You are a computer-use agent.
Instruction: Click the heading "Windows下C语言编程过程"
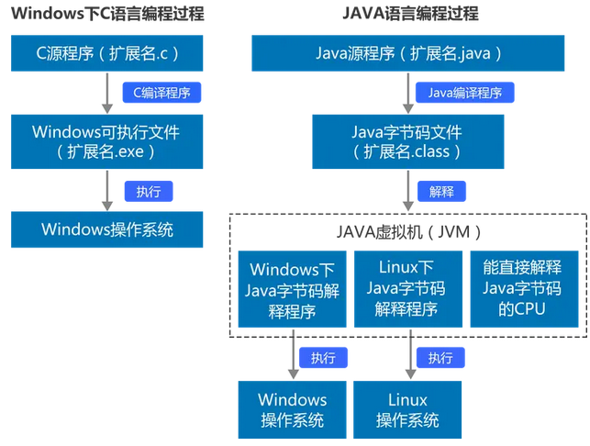(x=107, y=15)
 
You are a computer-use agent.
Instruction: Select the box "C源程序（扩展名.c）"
(x=107, y=53)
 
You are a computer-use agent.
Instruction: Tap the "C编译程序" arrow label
(x=161, y=93)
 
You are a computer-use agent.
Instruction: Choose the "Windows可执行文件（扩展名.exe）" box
(x=107, y=140)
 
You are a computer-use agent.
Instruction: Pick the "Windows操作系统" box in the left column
(x=107, y=229)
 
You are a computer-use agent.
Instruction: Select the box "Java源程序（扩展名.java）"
(x=406, y=53)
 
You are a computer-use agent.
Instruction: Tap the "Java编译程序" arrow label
(x=465, y=93)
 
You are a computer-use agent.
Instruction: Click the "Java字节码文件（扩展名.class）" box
(x=406, y=140)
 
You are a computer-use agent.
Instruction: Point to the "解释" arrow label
(x=441, y=191)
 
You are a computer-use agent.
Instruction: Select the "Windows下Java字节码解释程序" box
(x=293, y=289)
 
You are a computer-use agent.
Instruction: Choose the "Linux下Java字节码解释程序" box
(x=406, y=288)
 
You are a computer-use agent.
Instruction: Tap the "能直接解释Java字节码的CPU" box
(x=522, y=288)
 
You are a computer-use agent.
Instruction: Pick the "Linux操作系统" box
(x=406, y=409)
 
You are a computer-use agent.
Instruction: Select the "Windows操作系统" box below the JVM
(x=293, y=409)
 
